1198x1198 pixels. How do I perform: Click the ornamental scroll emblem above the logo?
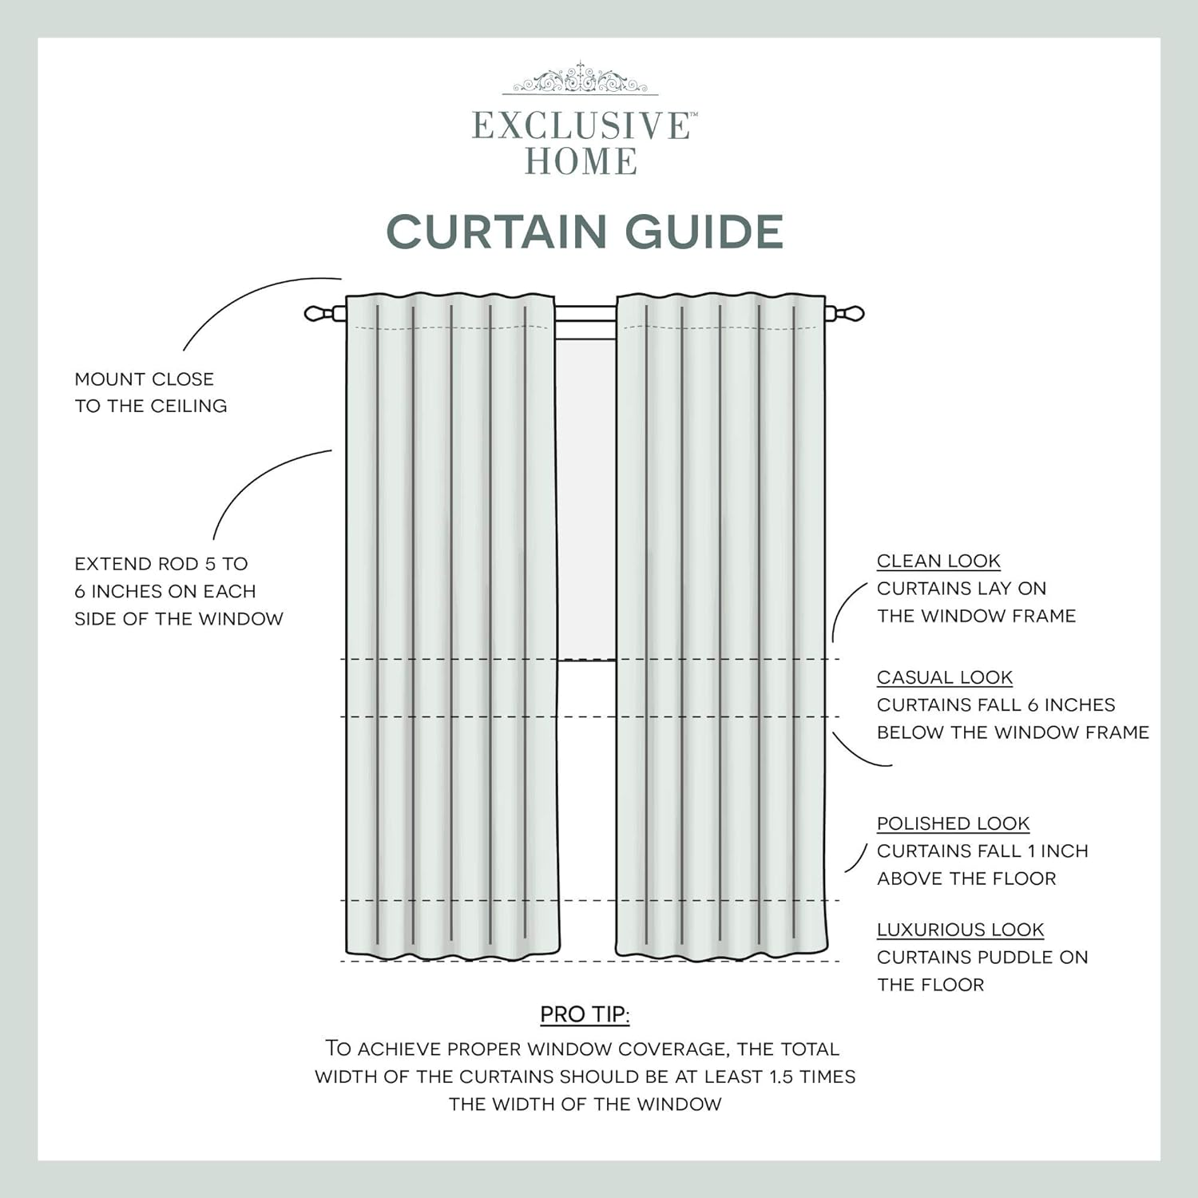point(581,80)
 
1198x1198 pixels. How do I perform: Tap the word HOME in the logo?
point(581,162)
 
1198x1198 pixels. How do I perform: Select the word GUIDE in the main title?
point(704,232)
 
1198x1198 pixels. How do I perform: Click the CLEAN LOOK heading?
point(938,561)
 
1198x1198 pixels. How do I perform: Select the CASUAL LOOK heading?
point(944,677)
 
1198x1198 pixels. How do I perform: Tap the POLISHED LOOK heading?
point(953,823)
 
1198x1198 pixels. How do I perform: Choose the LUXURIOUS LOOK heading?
point(960,930)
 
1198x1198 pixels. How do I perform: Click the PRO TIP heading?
point(585,1014)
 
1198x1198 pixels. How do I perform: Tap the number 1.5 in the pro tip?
point(781,1077)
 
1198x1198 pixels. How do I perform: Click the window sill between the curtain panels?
point(586,660)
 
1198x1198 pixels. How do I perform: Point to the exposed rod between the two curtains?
point(585,313)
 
